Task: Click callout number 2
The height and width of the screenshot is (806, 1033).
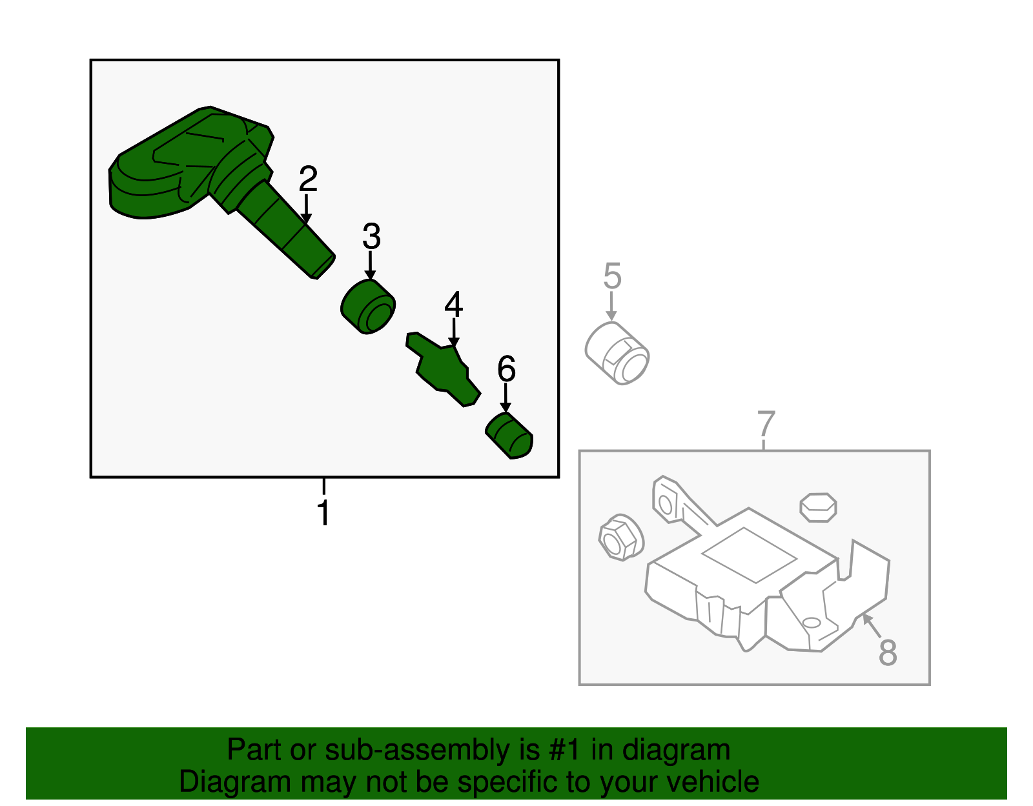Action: tap(308, 179)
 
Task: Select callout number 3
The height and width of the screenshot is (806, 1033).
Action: tap(371, 237)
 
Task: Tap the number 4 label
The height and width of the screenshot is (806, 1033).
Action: tap(453, 305)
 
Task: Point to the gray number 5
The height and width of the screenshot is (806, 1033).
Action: tap(612, 276)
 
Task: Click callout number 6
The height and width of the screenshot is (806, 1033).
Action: tap(506, 370)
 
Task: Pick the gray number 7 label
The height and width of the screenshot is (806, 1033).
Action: tap(765, 424)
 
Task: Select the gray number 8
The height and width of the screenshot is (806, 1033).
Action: tap(888, 652)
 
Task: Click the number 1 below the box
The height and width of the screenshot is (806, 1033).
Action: tap(323, 514)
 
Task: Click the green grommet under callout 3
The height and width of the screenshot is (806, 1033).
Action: tap(368, 307)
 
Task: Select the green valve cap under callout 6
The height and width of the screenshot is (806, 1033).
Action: tap(509, 437)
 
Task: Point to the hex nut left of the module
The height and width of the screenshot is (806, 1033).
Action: tap(621, 538)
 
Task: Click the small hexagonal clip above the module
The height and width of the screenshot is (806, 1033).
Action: tap(818, 507)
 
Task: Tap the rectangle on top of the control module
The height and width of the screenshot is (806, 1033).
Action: tap(749, 555)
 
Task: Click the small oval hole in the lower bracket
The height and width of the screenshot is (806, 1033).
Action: tap(811, 622)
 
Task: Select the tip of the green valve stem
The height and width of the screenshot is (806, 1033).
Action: tap(323, 266)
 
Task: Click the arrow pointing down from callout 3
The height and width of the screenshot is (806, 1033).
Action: tap(371, 266)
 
